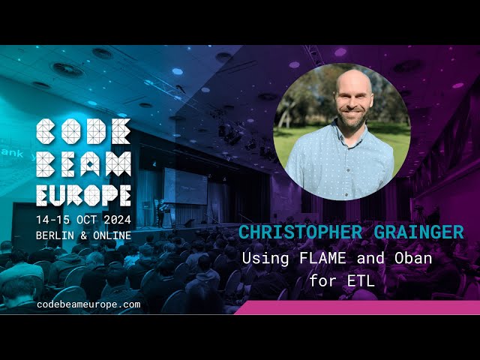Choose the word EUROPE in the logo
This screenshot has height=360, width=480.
84,193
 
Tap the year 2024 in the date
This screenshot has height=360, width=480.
114,219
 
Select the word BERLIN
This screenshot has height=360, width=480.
57,235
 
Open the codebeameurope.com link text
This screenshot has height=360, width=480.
88,304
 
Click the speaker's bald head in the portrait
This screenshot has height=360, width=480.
342,81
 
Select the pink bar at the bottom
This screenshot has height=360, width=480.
360,307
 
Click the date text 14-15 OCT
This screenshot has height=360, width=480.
66,219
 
